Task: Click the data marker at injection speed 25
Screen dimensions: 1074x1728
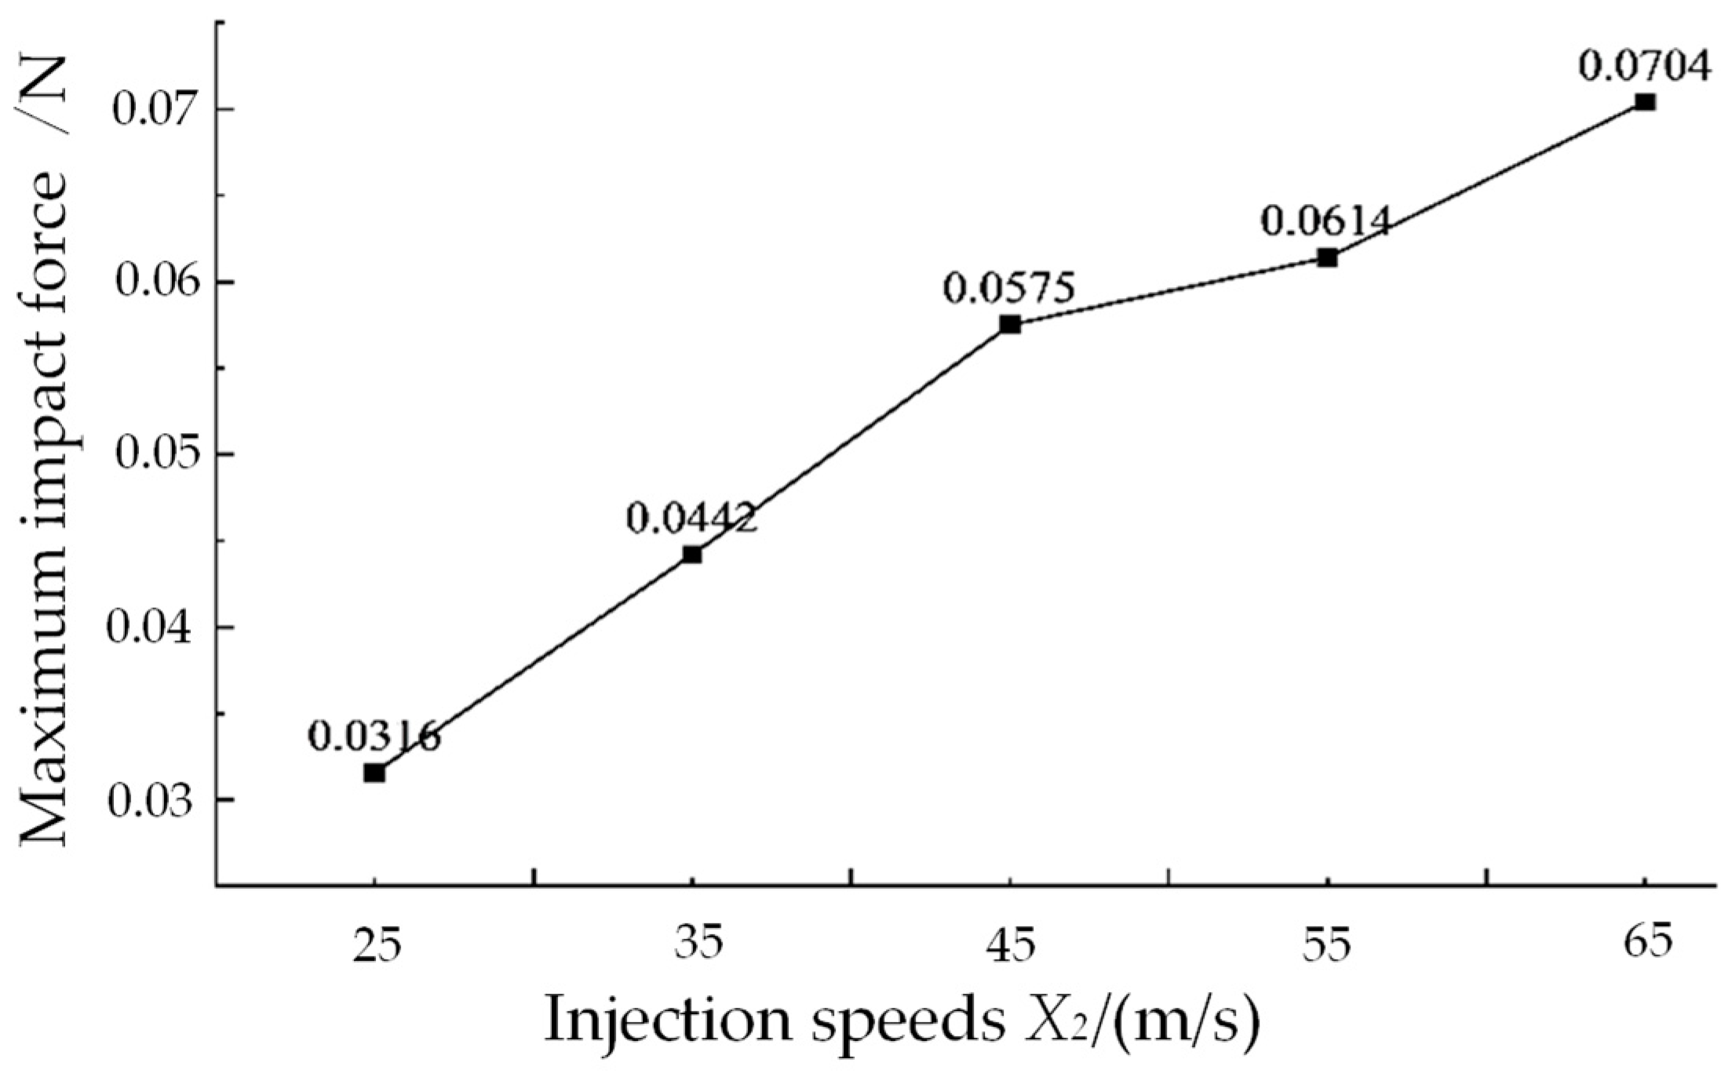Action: pos(374,773)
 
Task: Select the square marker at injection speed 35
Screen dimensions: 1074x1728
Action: pos(692,555)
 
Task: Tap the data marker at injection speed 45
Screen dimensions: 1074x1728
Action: pos(1010,325)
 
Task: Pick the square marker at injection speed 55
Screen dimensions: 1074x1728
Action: pos(1327,257)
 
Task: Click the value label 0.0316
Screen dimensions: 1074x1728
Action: pos(374,737)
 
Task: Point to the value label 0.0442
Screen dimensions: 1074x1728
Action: pos(691,519)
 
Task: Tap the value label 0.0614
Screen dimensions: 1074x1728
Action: pos(1326,222)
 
